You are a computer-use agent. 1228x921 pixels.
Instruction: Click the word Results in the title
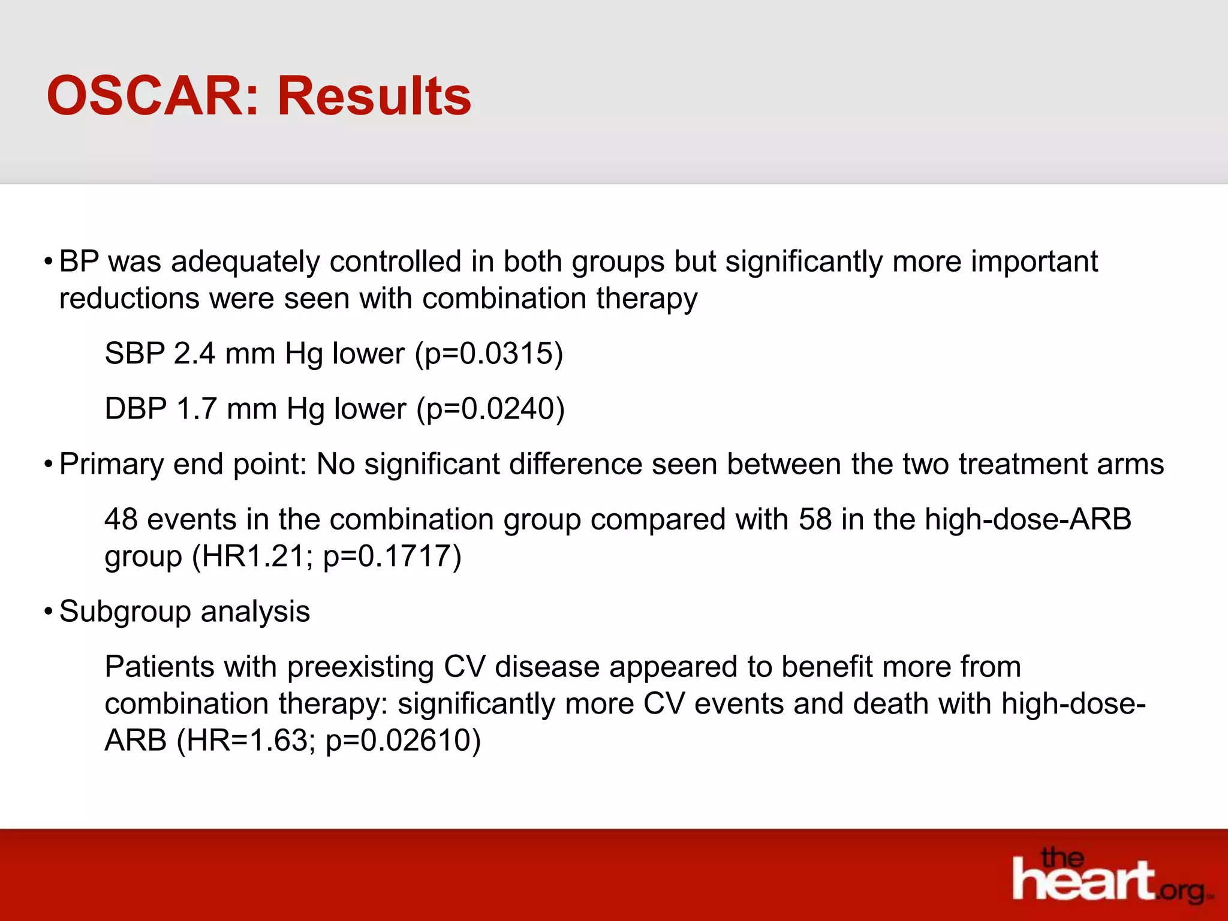374,96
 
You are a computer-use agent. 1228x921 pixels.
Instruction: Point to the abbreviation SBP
134,353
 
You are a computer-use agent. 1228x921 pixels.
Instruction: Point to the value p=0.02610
399,741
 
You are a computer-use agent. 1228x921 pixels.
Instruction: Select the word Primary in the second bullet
111,464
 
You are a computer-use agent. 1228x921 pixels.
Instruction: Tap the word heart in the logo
1082,880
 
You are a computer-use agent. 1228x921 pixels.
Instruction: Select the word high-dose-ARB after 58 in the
1028,519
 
